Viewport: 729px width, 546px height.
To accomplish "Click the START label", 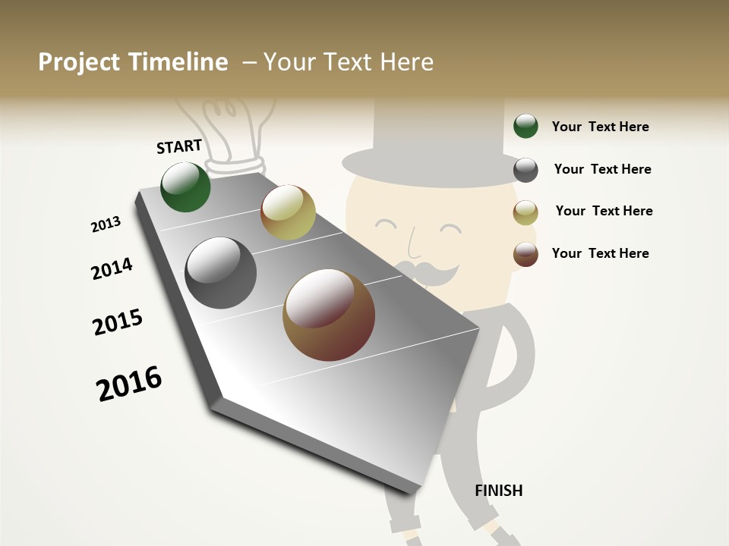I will [179, 146].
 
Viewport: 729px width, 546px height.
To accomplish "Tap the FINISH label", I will [498, 491].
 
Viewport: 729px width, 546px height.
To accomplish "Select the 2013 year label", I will [106, 224].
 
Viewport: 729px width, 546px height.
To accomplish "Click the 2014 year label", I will [112, 268].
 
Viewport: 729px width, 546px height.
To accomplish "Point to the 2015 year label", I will [118, 322].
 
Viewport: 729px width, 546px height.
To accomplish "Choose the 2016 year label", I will [129, 384].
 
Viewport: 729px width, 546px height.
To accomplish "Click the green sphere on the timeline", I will [185, 187].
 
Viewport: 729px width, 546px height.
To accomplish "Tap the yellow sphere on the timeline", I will [288, 212].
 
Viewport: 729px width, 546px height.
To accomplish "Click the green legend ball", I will [525, 126].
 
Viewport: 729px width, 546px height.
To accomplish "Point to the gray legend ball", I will [525, 170].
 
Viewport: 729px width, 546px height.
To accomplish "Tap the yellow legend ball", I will [525, 212].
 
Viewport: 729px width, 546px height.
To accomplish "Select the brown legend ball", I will [525, 254].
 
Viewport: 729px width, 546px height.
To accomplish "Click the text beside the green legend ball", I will [600, 127].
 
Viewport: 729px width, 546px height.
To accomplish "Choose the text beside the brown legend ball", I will [600, 253].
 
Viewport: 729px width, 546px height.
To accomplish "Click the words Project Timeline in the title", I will [133, 62].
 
